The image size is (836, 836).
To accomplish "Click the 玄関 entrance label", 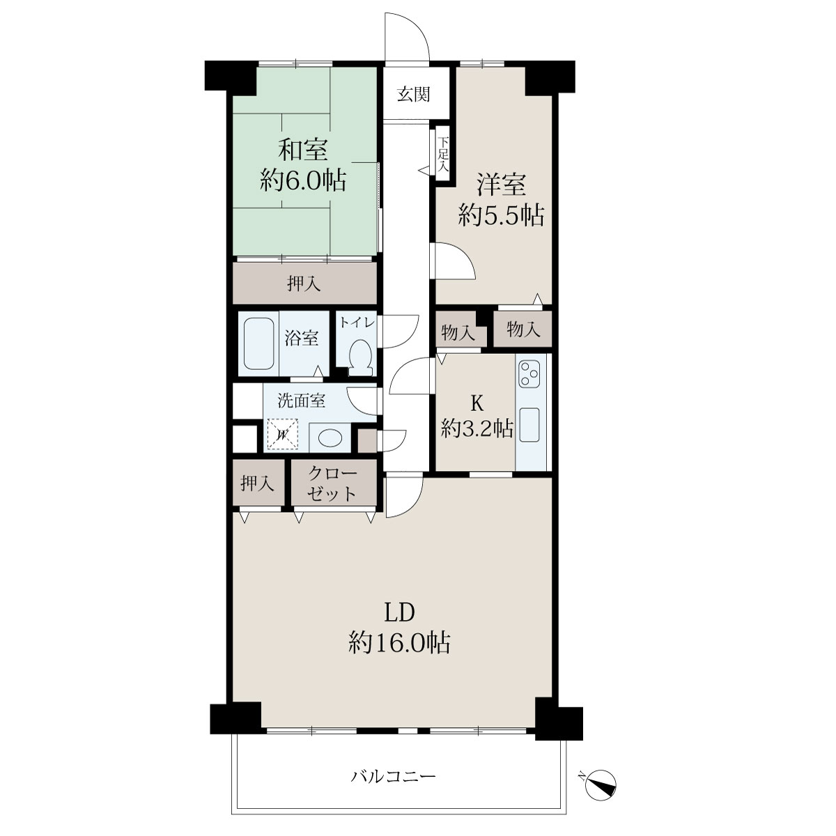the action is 413,94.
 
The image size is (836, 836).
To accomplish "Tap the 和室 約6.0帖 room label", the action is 303,165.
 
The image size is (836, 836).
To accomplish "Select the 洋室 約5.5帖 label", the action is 501,199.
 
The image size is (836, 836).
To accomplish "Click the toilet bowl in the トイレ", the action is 360,357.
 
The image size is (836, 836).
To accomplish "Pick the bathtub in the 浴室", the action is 258,343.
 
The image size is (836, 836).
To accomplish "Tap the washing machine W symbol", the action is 282,434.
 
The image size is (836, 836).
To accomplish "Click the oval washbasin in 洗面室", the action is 330,438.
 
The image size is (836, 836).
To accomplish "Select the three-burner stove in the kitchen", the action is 529,373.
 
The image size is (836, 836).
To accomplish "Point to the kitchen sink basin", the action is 529,425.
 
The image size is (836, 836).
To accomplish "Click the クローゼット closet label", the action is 332,484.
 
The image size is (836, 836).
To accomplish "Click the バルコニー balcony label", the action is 393,775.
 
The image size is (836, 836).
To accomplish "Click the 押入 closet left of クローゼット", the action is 258,483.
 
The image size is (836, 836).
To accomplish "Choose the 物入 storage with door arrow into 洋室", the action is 522,330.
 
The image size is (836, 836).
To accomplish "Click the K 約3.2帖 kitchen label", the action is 477,417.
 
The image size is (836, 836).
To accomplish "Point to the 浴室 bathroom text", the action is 302,339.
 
